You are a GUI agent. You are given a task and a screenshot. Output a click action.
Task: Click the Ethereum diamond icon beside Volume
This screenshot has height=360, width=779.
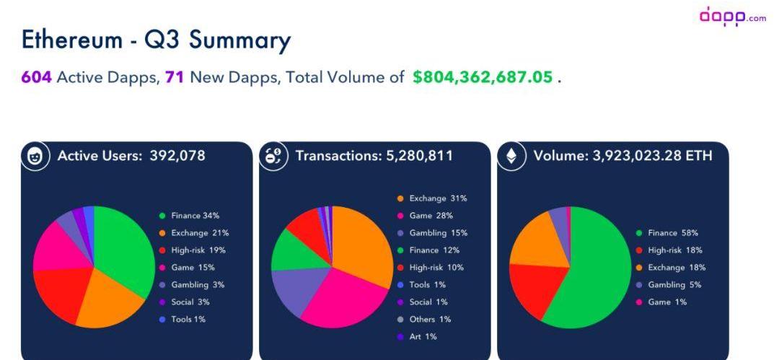click(x=511, y=156)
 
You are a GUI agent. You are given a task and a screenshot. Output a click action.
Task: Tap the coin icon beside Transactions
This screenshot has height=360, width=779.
click(x=273, y=156)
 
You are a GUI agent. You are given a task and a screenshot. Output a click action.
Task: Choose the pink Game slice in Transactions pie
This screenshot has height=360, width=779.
click(x=339, y=296)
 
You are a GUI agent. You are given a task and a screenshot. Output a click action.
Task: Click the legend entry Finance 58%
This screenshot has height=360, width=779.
click(x=670, y=233)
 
